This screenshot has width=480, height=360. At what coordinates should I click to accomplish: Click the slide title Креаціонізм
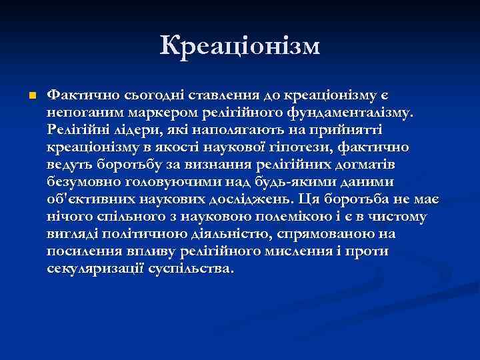pyautogui.click(x=240, y=45)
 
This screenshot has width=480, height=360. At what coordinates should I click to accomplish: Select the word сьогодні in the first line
pyautogui.click(x=137, y=95)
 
